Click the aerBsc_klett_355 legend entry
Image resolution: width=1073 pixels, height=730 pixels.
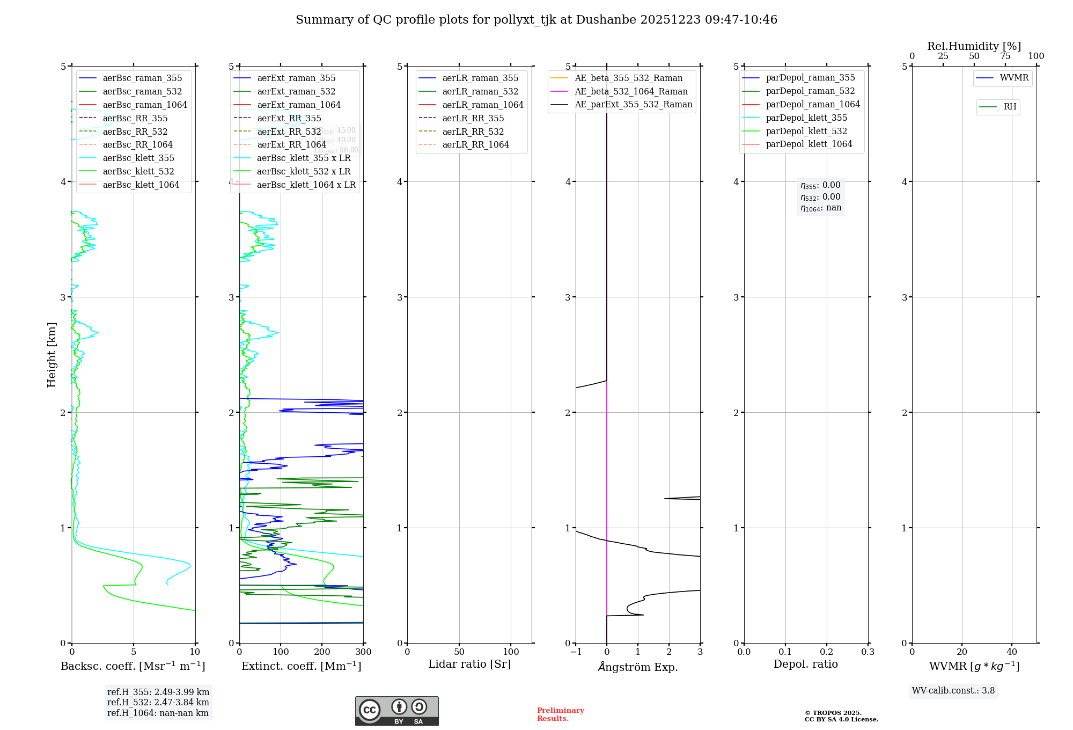point(138,158)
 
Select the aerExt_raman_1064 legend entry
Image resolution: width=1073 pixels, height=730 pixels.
point(298,105)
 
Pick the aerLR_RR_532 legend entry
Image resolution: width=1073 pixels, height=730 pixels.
point(473,132)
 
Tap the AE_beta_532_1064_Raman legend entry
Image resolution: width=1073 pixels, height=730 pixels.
point(631,92)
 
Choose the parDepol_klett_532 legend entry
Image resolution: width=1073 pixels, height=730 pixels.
point(806,132)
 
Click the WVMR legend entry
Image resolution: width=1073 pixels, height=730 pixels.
point(1014,78)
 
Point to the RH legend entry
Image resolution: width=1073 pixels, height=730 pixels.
point(1010,107)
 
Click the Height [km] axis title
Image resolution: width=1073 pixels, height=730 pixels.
point(52,355)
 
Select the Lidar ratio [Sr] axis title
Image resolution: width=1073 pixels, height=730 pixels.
point(469,665)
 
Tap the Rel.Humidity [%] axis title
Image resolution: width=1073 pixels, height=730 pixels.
point(974,46)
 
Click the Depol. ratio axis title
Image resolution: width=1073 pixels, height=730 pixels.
point(805,665)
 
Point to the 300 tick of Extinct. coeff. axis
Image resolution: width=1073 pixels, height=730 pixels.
point(363,652)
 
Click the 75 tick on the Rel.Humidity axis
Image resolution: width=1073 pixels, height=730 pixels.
point(1005,56)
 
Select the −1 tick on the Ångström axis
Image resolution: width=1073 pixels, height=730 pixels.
point(576,652)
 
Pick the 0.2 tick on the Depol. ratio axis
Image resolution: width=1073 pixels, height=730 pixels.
point(827,652)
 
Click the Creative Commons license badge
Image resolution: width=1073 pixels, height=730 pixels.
point(396,711)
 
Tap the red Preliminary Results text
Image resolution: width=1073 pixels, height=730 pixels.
point(560,714)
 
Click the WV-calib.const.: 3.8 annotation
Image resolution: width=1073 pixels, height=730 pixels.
point(953,691)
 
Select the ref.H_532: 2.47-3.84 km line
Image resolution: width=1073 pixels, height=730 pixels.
point(158,703)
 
